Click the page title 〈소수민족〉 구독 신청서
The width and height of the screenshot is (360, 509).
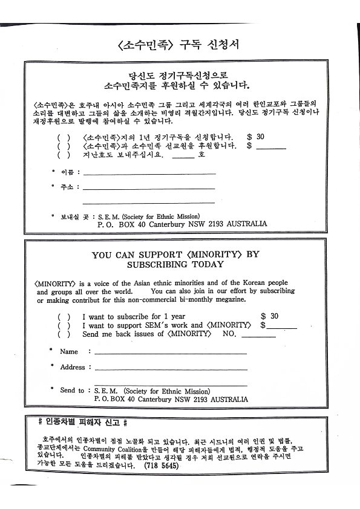180,46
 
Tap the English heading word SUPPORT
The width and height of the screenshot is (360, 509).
152,254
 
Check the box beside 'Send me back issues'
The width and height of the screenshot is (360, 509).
64,334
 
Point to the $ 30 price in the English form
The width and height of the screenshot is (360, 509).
270,316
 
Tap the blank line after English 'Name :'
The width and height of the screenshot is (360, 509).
171,352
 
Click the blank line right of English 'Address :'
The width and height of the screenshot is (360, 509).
171,368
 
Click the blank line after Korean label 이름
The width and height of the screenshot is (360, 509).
149,173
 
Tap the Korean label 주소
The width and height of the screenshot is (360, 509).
66,187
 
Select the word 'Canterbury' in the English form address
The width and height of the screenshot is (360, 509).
150,400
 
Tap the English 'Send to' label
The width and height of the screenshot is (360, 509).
72,391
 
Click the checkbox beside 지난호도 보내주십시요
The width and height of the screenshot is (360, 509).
64,154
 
